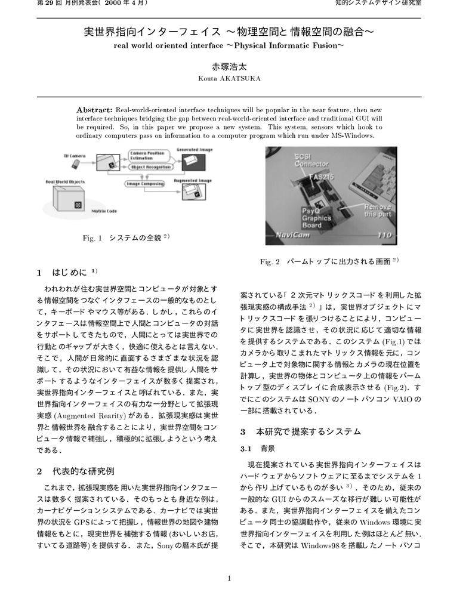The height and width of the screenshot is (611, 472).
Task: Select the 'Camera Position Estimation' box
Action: pyautogui.click(x=148, y=156)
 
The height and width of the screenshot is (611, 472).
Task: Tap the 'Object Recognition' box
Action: pyautogui.click(x=147, y=168)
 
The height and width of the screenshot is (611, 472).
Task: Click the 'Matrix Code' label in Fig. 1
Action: pyautogui.click(x=104, y=211)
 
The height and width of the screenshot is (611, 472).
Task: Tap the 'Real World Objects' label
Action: pyautogui.click(x=65, y=181)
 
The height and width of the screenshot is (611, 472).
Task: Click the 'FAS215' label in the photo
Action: pyautogui.click(x=320, y=178)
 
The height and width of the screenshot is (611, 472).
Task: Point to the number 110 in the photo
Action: pyautogui.click(x=385, y=235)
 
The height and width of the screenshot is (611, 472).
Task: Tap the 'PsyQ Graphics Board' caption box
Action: pyautogui.click(x=316, y=218)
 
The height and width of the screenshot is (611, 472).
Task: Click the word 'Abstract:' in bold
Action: pyautogui.click(x=94, y=110)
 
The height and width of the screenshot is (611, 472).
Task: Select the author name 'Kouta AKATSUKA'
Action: pyautogui.click(x=229, y=78)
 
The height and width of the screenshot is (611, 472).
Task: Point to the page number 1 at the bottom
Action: pyautogui.click(x=229, y=578)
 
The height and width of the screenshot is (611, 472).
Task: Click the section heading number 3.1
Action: pyautogui.click(x=245, y=448)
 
